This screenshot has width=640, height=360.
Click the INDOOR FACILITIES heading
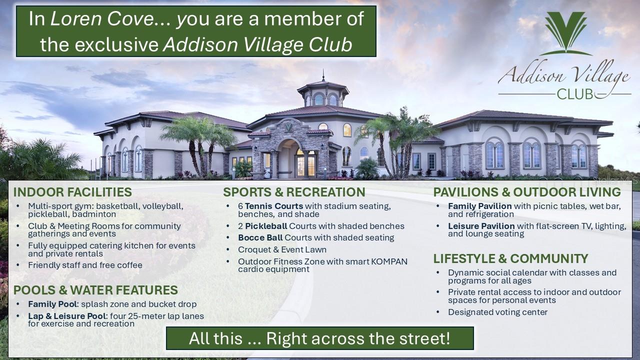72,192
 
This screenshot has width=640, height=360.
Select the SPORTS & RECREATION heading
294,192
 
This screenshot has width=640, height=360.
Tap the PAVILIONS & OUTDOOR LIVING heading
527,192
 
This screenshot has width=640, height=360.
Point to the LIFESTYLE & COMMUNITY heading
510,258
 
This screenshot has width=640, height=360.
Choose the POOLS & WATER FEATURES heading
95,290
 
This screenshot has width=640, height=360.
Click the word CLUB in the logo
574,93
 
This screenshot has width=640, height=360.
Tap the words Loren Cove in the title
103,19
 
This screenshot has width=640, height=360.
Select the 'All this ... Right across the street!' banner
319,338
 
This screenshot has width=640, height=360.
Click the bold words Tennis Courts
274,206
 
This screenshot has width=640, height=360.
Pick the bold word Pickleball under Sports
266,226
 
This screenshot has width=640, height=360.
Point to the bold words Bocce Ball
260,237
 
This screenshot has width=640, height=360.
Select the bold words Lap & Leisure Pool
66,316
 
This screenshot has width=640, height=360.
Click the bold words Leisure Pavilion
481,226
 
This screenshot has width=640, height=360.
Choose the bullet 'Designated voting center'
497,312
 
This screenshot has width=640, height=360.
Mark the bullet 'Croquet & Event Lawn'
282,249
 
